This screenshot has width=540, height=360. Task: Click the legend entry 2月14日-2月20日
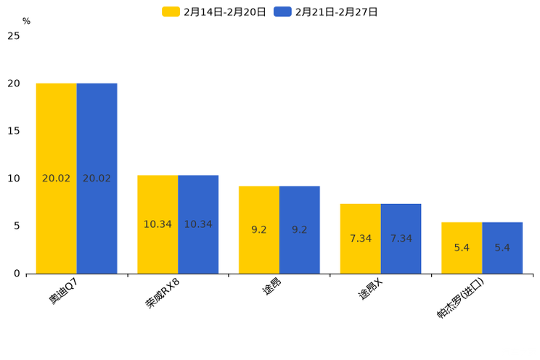pyautogui.click(x=214, y=12)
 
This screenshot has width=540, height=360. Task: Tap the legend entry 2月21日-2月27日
pyautogui.click(x=326, y=12)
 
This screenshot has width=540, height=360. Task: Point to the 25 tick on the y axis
pyautogui.click(x=14, y=36)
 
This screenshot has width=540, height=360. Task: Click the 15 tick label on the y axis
pyautogui.click(x=14, y=131)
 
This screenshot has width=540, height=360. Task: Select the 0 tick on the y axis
pyautogui.click(x=17, y=274)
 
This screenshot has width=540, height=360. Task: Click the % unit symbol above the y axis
pyautogui.click(x=26, y=22)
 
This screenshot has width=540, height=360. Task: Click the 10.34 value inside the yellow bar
pyautogui.click(x=157, y=224)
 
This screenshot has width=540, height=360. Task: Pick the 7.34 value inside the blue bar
pyautogui.click(x=401, y=239)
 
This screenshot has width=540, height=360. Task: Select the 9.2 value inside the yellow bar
pyautogui.click(x=259, y=230)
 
